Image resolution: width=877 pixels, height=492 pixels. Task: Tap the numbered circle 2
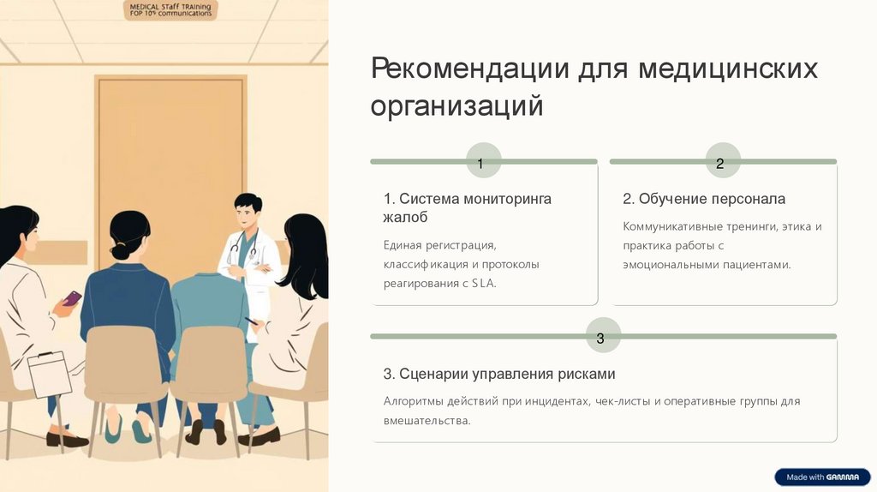click(720, 164)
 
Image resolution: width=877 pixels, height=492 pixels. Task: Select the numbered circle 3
click(600, 339)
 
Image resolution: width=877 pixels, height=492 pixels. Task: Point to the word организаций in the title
click(457, 107)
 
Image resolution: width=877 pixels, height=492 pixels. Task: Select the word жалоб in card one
click(405, 218)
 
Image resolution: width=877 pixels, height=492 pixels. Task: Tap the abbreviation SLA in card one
click(483, 283)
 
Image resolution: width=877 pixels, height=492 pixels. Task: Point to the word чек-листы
click(624, 401)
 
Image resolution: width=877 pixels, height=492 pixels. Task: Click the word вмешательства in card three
click(427, 420)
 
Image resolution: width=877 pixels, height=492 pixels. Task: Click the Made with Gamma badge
click(821, 477)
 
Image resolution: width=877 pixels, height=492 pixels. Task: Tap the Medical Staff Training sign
click(170, 10)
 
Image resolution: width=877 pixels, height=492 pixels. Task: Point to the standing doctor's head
click(248, 210)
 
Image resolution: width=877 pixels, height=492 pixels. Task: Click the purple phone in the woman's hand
click(72, 298)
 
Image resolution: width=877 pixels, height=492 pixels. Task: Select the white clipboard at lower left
click(50, 374)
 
